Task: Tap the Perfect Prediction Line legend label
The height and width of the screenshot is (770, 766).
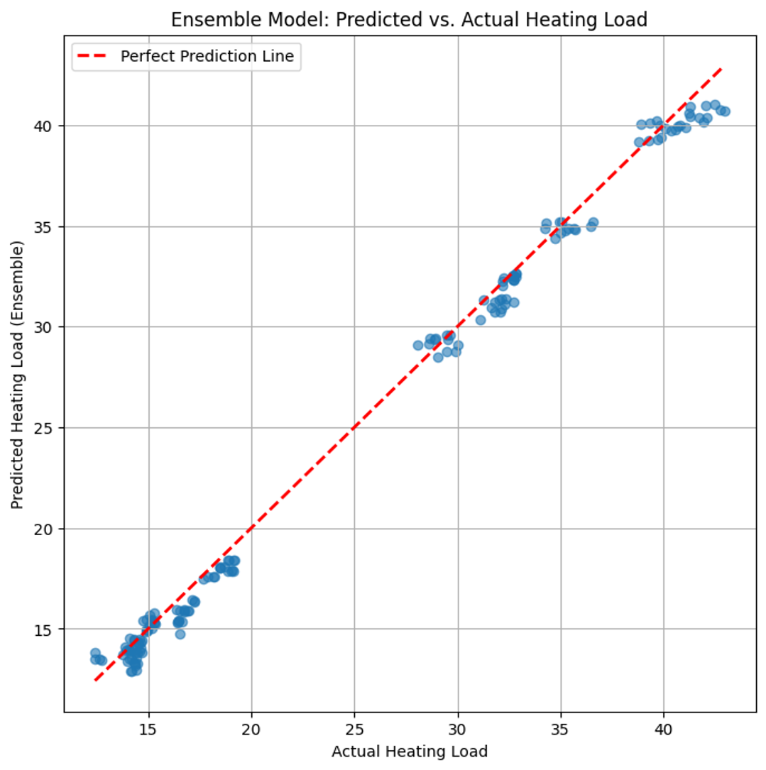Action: pyautogui.click(x=207, y=57)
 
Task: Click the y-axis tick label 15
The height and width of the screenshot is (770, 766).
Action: pyautogui.click(x=48, y=629)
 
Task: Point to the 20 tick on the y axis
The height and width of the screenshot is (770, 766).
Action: pyautogui.click(x=48, y=529)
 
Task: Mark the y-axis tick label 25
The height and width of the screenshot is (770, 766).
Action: pyautogui.click(x=48, y=428)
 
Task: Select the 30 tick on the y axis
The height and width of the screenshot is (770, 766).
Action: pyautogui.click(x=48, y=327)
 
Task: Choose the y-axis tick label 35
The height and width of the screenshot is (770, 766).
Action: pyautogui.click(x=48, y=226)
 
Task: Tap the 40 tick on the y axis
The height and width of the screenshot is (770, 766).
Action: pyautogui.click(x=48, y=126)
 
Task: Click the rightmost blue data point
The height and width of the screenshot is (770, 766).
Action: pyautogui.click(x=725, y=111)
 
